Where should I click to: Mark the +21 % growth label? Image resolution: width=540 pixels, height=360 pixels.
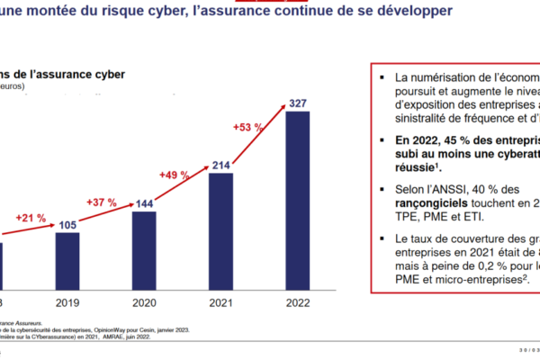tap(30, 218)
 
